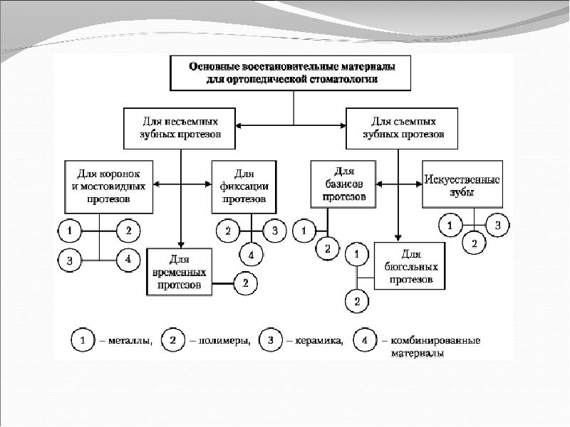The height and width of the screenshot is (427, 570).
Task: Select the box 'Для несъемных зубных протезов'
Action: (180, 127)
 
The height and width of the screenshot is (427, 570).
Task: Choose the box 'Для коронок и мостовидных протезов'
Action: (108, 186)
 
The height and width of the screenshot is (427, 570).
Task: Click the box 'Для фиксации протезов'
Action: (243, 186)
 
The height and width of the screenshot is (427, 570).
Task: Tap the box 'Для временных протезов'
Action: (180, 271)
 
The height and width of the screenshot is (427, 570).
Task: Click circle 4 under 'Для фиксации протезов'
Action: (250, 254)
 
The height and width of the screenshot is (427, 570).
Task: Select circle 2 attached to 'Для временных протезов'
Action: (245, 283)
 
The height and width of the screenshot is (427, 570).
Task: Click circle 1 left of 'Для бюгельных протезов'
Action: (356, 253)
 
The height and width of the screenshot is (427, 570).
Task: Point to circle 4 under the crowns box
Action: (128, 260)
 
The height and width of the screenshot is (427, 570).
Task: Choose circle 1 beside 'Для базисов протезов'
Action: (305, 231)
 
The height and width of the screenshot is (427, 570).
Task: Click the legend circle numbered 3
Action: (271, 341)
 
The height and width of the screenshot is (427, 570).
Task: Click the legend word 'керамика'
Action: (318, 341)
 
